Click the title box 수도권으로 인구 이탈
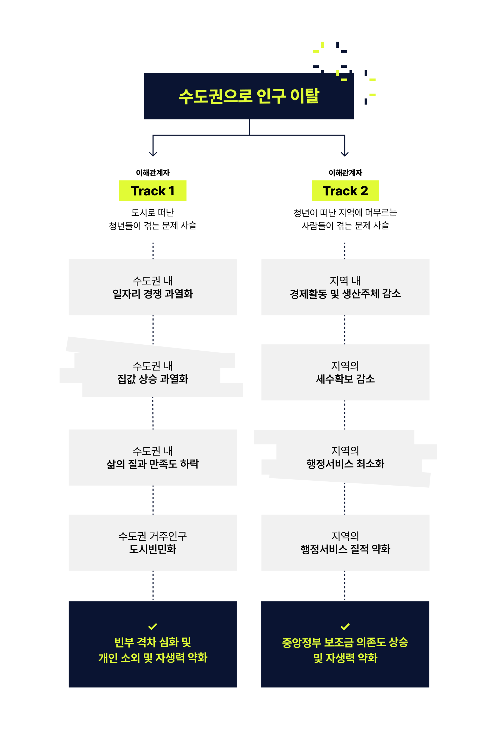point(249,96)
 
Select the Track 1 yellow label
point(153,191)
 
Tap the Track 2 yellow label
point(345,191)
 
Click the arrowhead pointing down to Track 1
point(153,154)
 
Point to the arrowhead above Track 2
point(345,154)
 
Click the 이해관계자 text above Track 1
point(153,173)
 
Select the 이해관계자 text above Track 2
point(345,173)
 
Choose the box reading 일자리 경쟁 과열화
point(153,287)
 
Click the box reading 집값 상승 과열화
point(153,372)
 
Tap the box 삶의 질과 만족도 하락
point(153,457)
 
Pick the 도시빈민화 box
point(153,542)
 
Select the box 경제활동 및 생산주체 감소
point(345,287)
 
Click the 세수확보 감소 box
point(345,372)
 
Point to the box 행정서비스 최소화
point(345,457)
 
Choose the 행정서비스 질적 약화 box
point(345,542)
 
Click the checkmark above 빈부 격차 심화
point(153,626)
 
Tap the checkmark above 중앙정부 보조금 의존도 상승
point(345,626)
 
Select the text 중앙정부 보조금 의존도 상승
point(345,642)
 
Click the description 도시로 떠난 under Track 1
point(153,213)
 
